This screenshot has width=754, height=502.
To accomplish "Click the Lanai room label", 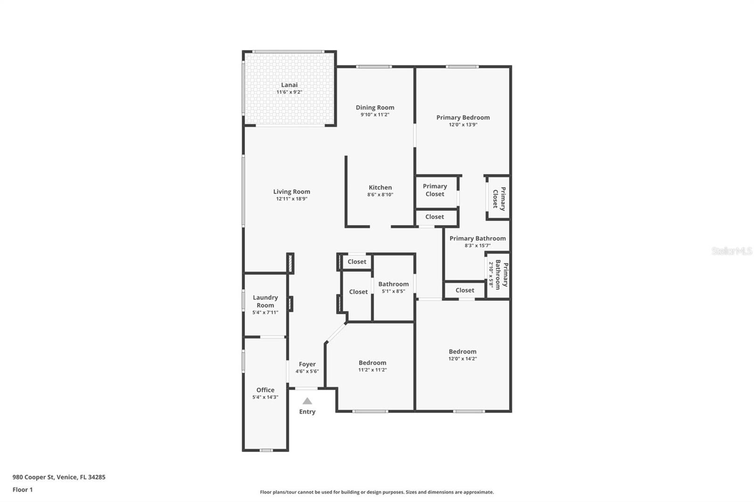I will tap(289, 85).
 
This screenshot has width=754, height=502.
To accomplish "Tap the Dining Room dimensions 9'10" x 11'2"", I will tap(375, 115).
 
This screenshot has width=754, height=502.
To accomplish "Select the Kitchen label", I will tap(380, 187).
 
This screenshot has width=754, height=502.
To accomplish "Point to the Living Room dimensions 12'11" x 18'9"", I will tap(291, 199).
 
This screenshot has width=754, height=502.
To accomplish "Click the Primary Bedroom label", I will tap(463, 118).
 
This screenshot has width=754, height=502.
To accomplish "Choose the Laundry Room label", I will tap(265, 301).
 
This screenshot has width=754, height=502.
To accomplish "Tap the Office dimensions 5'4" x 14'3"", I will tap(265, 397).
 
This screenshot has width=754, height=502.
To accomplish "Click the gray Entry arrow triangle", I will tap(307, 401).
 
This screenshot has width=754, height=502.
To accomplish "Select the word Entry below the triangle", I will tap(307, 412).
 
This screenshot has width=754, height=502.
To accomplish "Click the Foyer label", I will tap(307, 364).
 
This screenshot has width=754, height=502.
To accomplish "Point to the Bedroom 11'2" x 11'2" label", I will tap(372, 363).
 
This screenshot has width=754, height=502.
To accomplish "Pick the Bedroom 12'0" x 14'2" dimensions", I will tap(462, 359).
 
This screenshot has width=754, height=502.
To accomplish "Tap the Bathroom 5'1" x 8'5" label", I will tap(393, 284).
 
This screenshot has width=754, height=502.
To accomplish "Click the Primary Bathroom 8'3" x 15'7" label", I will tap(477, 238).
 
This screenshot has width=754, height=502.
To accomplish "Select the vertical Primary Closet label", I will tap(499, 199).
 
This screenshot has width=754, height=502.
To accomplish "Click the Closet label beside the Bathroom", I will tap(358, 292).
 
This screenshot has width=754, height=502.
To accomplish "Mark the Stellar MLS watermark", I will tap(731, 251).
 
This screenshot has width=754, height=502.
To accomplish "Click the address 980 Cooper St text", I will tap(59, 477).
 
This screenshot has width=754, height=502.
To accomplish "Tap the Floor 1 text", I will tap(23, 490).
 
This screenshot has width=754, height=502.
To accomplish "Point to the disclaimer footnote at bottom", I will tap(377, 492).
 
